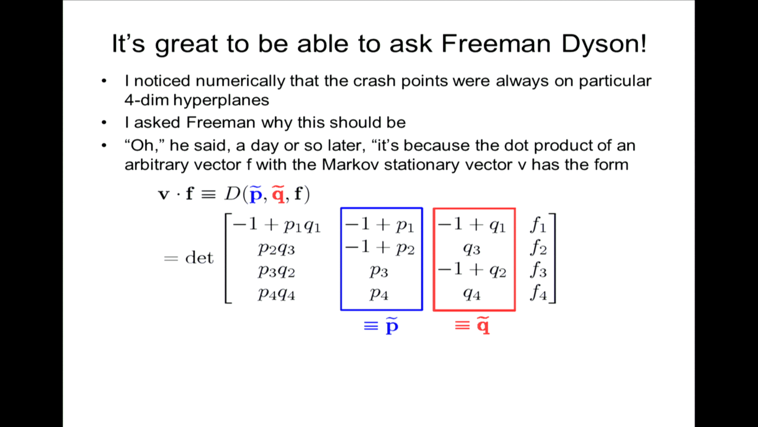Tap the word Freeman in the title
pyautogui.click(x=496, y=43)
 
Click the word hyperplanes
pyautogui.click(x=221, y=101)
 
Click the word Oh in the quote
pyautogui.click(x=142, y=145)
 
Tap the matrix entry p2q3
pyautogui.click(x=276, y=249)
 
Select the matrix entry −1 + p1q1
pyautogui.click(x=277, y=225)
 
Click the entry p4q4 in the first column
pyautogui.click(x=276, y=294)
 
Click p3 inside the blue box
pyautogui.click(x=379, y=271)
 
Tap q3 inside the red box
pyautogui.click(x=472, y=249)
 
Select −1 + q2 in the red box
pyautogui.click(x=472, y=270)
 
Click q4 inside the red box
pyautogui.click(x=472, y=294)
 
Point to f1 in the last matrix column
pyautogui.click(x=538, y=225)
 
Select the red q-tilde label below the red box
pyautogui.click(x=473, y=326)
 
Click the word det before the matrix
pyautogui.click(x=199, y=258)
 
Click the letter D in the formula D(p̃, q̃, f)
pyautogui.click(x=233, y=194)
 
